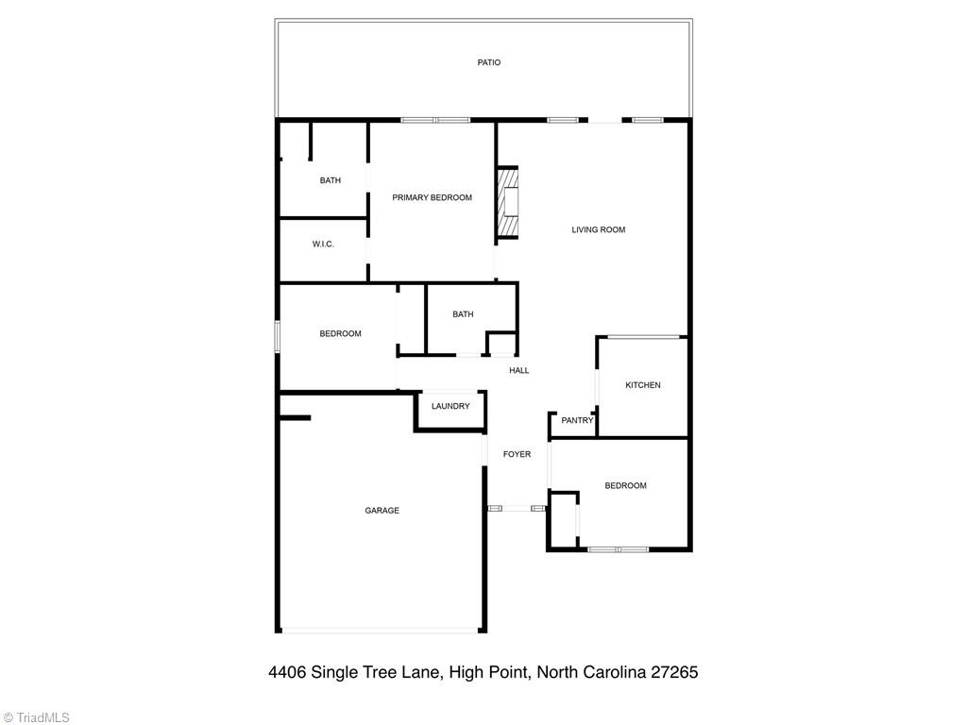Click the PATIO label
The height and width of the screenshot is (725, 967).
488,62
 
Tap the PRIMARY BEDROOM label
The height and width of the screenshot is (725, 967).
432,197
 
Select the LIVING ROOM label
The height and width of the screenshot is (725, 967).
598,229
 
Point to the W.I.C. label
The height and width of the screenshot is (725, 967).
323,244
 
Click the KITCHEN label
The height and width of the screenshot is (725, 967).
642,385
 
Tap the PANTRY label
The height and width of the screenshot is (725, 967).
577,421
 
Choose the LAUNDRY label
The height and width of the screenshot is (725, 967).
450,406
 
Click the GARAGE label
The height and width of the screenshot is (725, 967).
382,511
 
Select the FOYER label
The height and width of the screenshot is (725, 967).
517,454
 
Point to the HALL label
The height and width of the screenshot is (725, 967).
519,370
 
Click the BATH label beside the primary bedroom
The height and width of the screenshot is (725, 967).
330,180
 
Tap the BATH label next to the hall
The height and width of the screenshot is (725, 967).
463,314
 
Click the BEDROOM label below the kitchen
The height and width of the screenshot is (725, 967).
625,485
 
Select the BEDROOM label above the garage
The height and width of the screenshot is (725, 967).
340,333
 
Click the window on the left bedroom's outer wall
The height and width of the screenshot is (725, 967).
277,337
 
